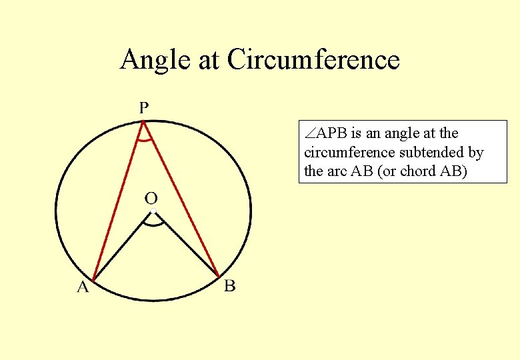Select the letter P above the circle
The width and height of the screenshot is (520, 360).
[x=144, y=107]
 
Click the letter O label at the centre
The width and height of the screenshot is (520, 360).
[x=151, y=198]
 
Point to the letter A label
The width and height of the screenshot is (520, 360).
[x=83, y=287]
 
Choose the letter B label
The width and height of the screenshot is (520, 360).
[x=229, y=286]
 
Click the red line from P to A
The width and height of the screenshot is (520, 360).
[x=119, y=200]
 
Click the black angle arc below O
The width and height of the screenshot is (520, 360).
[x=154, y=225]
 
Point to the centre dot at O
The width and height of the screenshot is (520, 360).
[x=153, y=211]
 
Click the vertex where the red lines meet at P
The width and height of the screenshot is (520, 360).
[x=143, y=121]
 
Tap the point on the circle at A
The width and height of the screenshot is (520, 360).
[x=93, y=279]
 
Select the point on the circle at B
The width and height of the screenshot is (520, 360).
[x=219, y=277]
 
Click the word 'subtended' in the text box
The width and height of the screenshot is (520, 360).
[x=427, y=153]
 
